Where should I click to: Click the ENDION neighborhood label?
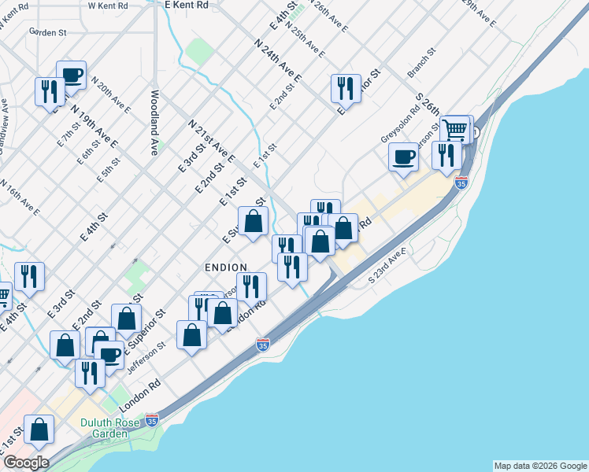click(x=226, y=267)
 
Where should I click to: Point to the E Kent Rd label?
click(x=187, y=5)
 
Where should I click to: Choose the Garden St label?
click(x=49, y=32)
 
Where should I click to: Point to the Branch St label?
click(x=422, y=65)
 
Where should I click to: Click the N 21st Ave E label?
click(x=211, y=142)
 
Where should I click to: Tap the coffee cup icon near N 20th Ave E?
click(x=71, y=74)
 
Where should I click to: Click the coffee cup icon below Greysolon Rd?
click(x=404, y=156)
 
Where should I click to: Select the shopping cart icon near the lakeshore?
click(x=456, y=128)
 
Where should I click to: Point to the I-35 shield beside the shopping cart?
click(x=461, y=183)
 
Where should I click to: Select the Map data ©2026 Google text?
click(x=540, y=466)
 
